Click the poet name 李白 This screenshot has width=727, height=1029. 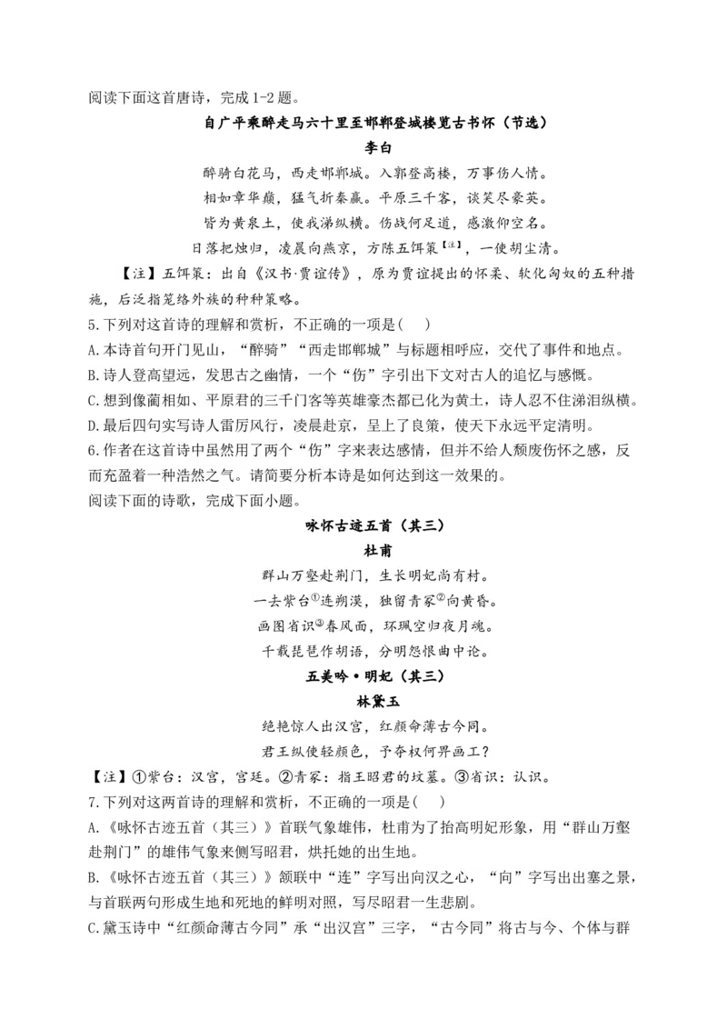coord(378,147)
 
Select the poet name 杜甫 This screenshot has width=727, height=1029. coord(378,551)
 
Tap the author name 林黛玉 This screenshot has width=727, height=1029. coord(378,702)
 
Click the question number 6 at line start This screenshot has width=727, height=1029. coord(93,450)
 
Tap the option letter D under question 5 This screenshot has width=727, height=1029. coord(94,425)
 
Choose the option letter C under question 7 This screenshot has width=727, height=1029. coord(94,928)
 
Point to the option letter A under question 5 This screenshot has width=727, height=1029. coord(94,350)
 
